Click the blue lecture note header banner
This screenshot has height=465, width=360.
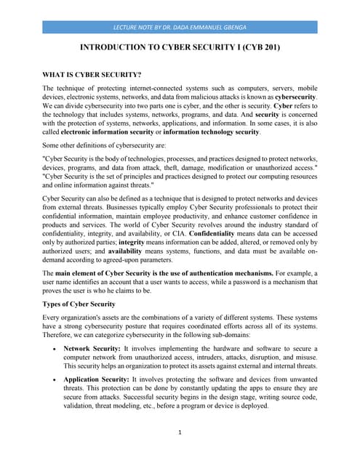[x=180, y=27]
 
